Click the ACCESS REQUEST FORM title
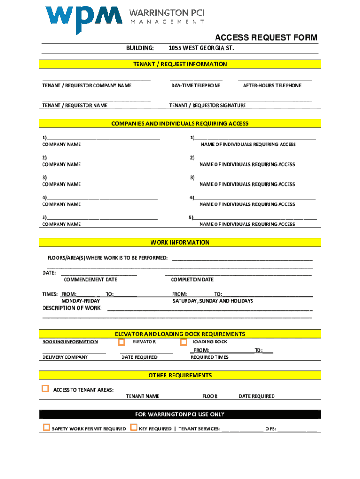pos(266,38)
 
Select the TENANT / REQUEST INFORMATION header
pos(180,65)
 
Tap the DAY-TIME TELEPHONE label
pos(195,86)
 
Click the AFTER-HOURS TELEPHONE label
pos(272,86)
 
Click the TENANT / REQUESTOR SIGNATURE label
pos(207,106)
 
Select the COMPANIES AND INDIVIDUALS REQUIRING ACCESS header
pos(180,124)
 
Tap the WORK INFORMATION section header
pos(180,243)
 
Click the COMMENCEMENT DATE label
pos(90,280)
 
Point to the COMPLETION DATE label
pos(192,280)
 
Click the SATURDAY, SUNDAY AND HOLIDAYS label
pos(213,301)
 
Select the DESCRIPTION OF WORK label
pos(72,308)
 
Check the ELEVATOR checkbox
pos(122,342)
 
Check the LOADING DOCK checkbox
pos(183,342)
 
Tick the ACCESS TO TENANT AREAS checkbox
pos(45,388)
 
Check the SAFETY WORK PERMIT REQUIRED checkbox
pos(46,428)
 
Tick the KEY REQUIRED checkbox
pos(134,428)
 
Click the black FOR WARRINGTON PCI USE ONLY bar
pos(180,414)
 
